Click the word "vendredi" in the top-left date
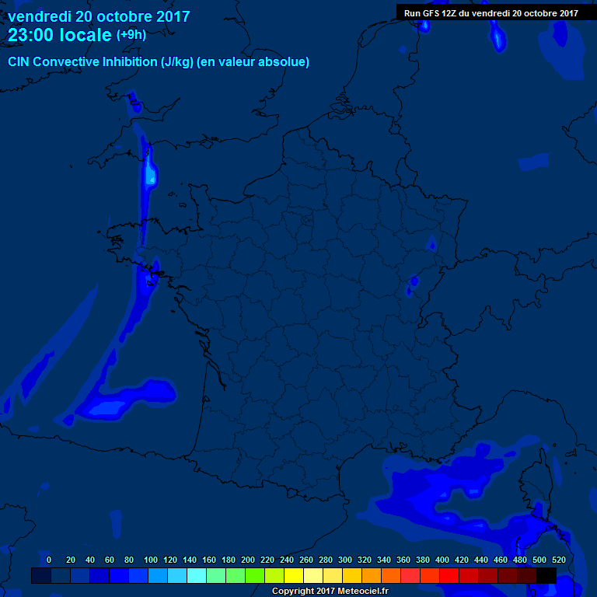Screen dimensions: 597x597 point(38,16)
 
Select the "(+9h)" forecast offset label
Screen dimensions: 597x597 point(131,35)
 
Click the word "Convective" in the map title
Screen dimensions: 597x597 point(65,61)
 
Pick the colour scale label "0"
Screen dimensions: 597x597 point(49,560)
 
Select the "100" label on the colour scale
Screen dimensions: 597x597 point(151,560)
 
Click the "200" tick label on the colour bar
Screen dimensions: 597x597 point(248,560)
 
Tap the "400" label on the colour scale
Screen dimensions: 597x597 point(442,560)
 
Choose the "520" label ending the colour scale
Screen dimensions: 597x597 point(559,560)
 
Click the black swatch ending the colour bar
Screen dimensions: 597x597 point(546,576)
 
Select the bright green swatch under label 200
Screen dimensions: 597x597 point(255,576)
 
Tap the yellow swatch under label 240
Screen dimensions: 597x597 point(294,576)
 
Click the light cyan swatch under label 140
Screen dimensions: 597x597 point(197,576)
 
